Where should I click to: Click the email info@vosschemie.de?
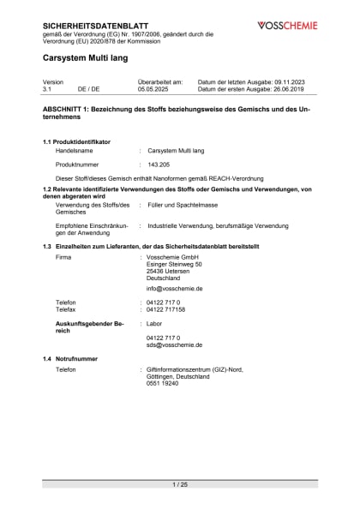pos(174,289)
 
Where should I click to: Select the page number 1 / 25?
pos(179,485)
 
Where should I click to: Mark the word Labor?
pos(154,324)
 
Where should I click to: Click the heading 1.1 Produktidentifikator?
pos(84,140)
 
